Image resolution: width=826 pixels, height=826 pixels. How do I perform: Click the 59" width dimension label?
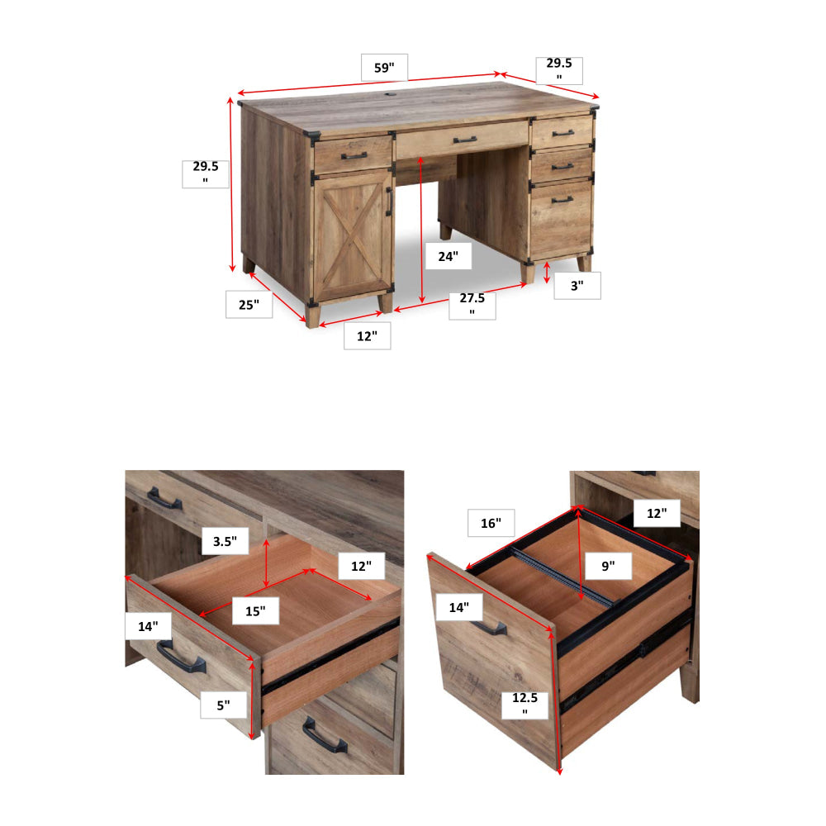[x=384, y=68]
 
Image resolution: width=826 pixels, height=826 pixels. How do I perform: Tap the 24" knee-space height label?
[x=449, y=256]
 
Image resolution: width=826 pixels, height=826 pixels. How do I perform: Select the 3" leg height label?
[x=577, y=286]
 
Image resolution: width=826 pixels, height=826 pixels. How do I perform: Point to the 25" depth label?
[x=249, y=305]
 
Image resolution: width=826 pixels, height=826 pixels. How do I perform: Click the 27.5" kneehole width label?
[x=472, y=305]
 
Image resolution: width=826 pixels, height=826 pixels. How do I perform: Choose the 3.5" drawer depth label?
[x=225, y=541]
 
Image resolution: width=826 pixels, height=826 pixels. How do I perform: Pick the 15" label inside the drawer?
[x=255, y=611]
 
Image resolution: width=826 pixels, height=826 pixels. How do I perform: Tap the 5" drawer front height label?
[x=223, y=705]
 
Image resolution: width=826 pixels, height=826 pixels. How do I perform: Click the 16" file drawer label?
[x=491, y=523]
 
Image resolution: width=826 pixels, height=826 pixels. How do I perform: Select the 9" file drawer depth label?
[x=609, y=566]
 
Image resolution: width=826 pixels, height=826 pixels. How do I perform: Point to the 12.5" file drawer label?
[x=525, y=705]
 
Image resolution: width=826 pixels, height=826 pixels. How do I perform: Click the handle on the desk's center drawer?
[x=465, y=140]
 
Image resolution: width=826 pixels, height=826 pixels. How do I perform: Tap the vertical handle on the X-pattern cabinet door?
[x=389, y=202]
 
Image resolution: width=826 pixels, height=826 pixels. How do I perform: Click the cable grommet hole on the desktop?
[x=391, y=95]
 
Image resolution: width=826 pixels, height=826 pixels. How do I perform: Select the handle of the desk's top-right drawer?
[x=563, y=133]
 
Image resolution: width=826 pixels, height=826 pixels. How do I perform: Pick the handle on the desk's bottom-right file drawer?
[x=562, y=200]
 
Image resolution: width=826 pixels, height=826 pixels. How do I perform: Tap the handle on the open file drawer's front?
[x=489, y=627]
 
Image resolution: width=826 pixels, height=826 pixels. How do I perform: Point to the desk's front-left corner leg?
[x=313, y=316]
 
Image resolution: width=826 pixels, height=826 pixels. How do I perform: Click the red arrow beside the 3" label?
[x=547, y=273]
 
